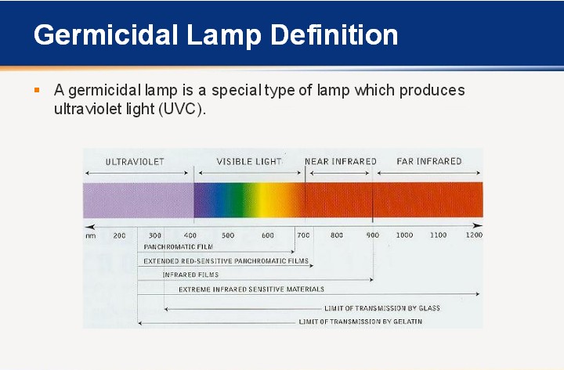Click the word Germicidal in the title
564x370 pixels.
[106, 35]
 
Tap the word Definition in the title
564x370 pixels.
[334, 35]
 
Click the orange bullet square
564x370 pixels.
[37, 90]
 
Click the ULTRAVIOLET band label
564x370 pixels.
[135, 162]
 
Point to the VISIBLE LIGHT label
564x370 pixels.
[249, 162]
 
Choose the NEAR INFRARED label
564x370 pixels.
[341, 161]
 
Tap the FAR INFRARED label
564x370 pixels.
[429, 161]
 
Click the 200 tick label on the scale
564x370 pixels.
[119, 235]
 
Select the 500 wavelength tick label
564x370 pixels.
[228, 235]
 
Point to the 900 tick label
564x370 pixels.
[373, 235]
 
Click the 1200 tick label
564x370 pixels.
[474, 235]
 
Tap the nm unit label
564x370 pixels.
[91, 236]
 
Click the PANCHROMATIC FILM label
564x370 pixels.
[179, 246]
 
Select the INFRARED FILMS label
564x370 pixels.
[190, 275]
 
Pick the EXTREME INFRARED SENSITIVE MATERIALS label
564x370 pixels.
[251, 289]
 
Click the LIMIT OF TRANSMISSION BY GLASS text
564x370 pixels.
[382, 308]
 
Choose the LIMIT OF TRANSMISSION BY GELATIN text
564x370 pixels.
[360, 322]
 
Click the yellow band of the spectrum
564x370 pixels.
[267, 200]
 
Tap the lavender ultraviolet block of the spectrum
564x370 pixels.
[139, 200]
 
